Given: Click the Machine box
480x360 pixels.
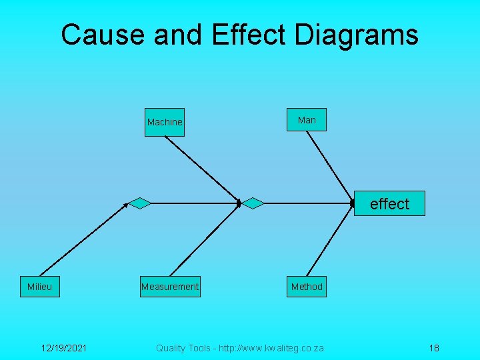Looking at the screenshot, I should (165, 122).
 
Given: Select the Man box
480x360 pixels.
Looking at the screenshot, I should (307, 120).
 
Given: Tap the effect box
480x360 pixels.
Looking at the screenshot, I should (389, 203).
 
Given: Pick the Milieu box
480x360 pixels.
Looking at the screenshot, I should (39, 287).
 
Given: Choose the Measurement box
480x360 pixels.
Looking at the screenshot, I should (170, 287).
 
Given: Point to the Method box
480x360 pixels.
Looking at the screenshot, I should (307, 287).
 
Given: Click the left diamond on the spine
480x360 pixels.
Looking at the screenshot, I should (139, 203).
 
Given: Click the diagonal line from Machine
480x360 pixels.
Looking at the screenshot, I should (201, 167).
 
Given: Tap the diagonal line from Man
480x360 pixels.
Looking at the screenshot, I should (330, 166).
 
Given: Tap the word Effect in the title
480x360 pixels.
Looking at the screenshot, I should (249, 35).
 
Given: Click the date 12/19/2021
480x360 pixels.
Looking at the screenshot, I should (63, 348).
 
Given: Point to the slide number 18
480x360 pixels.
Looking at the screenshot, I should (434, 348).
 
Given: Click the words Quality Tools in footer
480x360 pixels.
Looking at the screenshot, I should (181, 348).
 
